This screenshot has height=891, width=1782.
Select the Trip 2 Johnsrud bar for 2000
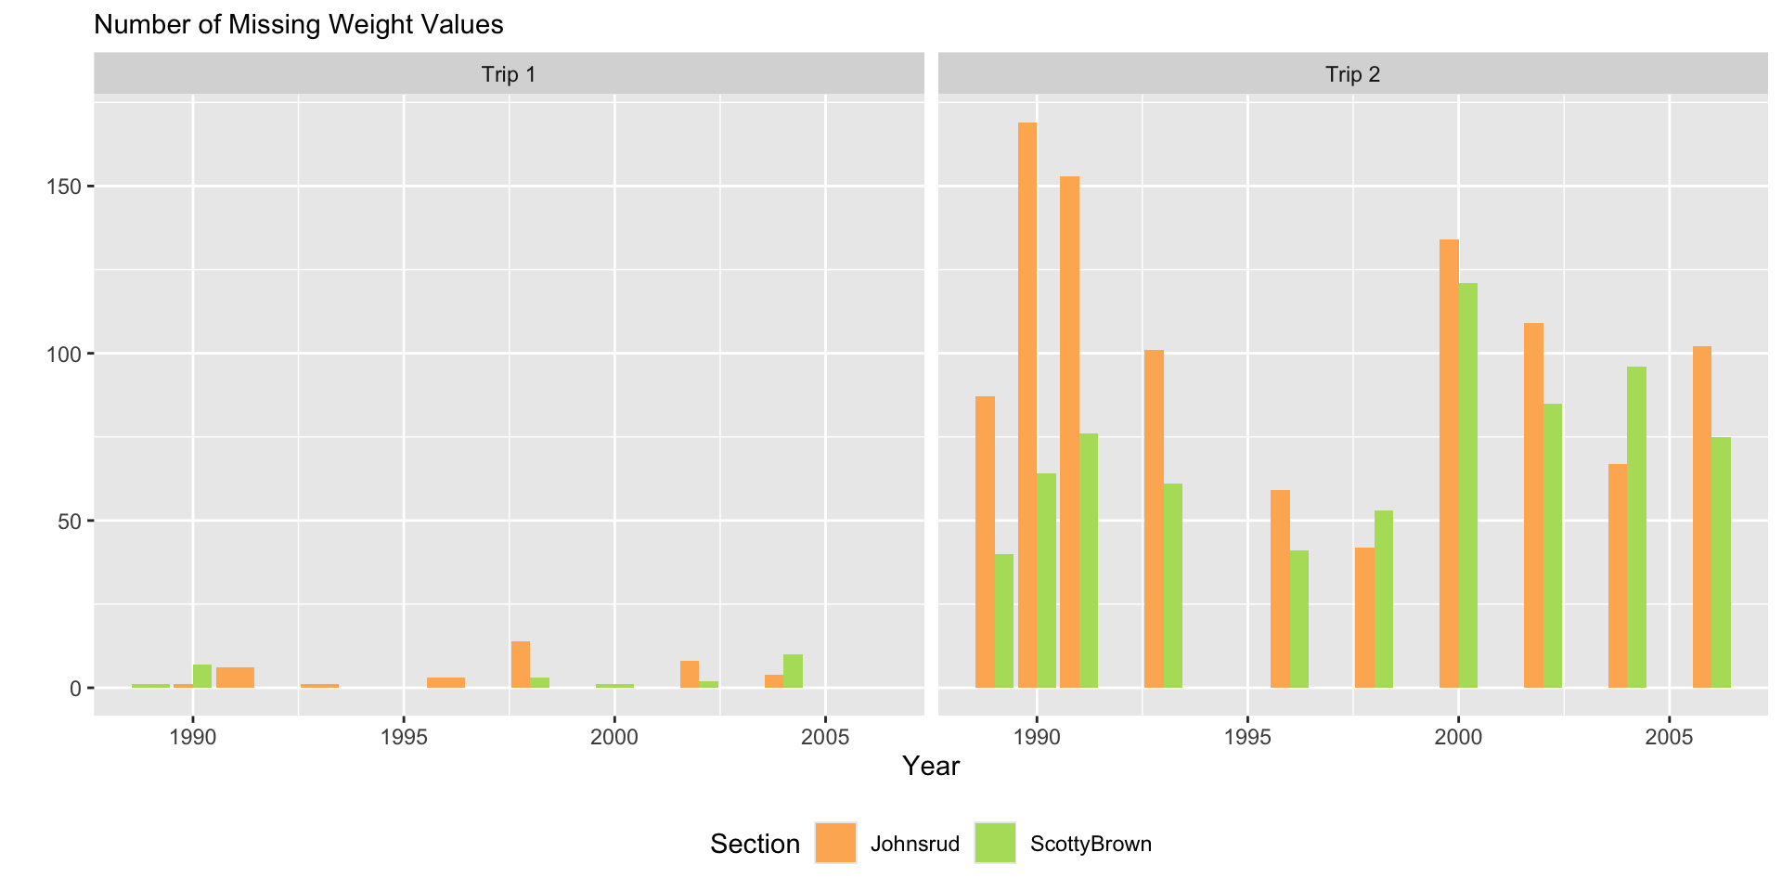point(1449,463)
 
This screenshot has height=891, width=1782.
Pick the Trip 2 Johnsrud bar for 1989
point(985,542)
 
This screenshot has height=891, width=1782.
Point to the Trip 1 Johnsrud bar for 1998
point(521,665)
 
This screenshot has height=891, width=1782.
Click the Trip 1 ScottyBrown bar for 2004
point(793,671)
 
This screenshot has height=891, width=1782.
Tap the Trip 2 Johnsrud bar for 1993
point(1154,519)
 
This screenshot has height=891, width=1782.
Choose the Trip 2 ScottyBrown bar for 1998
point(1384,599)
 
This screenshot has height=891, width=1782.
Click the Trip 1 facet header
point(509,74)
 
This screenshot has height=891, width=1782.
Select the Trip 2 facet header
point(1352,74)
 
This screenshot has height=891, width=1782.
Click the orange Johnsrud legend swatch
point(835,843)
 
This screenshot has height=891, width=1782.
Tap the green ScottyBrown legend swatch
point(995,843)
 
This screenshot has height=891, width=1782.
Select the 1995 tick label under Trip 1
point(404,738)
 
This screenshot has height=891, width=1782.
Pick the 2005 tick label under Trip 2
point(1669,738)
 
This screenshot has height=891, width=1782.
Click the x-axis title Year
point(931,766)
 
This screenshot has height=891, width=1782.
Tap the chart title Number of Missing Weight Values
point(299,24)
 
